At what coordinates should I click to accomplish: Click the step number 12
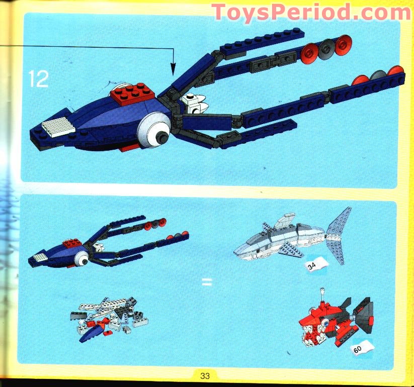39,78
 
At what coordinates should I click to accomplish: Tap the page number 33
205,375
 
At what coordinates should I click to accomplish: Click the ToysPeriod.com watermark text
311,13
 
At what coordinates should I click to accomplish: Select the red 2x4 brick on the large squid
132,93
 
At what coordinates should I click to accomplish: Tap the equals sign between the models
207,282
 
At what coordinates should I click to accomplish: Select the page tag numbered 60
363,348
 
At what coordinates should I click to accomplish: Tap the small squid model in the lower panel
108,242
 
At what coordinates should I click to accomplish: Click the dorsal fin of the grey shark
284,220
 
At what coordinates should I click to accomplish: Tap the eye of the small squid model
82,259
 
